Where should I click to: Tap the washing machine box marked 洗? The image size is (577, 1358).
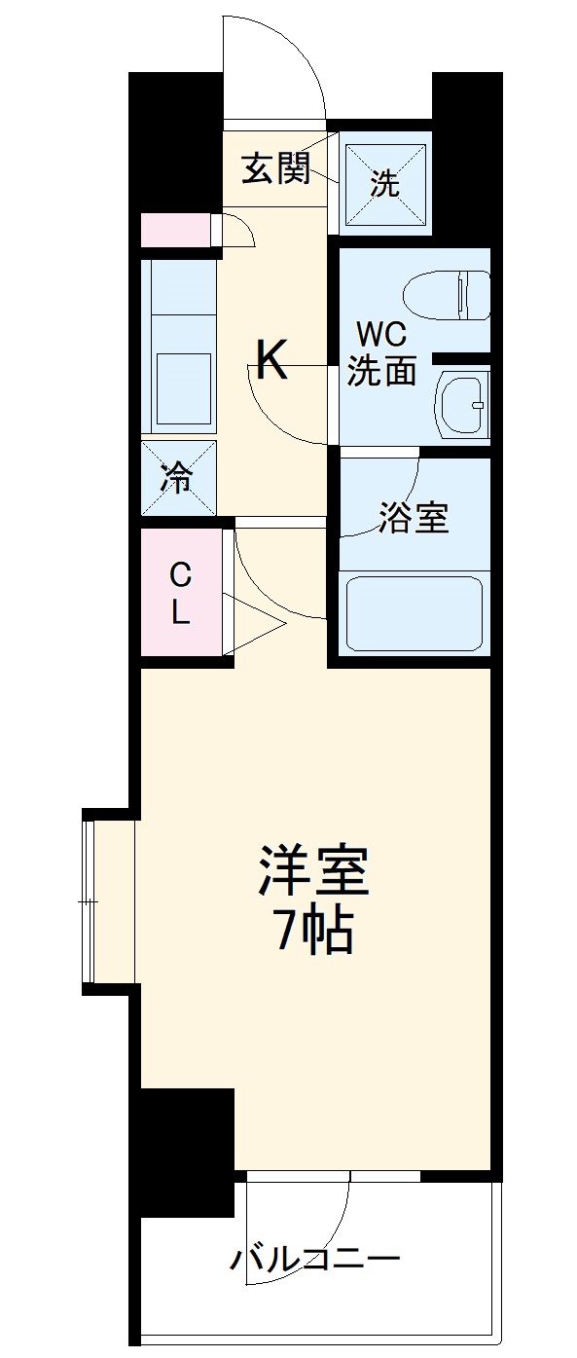coord(385,182)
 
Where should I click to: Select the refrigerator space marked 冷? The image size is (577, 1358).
coord(178,478)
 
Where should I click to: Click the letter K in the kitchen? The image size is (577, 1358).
coord(271,361)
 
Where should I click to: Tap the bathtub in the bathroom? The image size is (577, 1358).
coord(415,613)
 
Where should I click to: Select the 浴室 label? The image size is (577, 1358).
coord(415,519)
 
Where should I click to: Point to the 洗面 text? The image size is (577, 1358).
coord(382,370)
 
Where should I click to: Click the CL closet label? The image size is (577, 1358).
coord(181,594)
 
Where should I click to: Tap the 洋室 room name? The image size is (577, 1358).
coord(313,871)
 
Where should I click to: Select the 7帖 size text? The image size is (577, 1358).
coord(313,932)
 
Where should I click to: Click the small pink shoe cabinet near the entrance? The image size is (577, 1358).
coord(176,231)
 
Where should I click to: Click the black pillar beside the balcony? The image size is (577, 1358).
coord(185,1149)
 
